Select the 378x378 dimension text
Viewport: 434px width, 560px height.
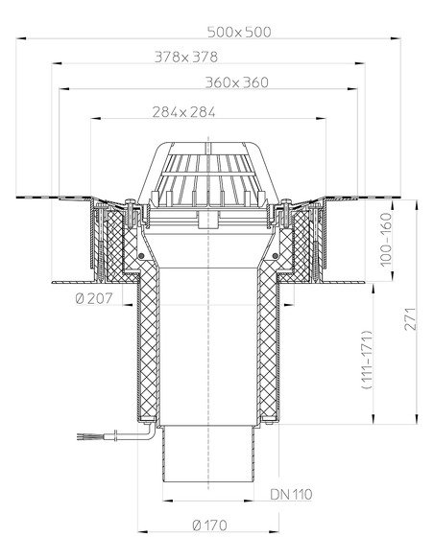pyautogui.click(x=186, y=57)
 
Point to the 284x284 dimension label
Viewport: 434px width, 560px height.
pyautogui.click(x=183, y=112)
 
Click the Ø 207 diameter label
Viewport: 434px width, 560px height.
pyautogui.click(x=93, y=299)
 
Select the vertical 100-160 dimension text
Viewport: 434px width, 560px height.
pyautogui.click(x=386, y=240)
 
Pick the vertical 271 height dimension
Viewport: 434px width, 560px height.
pyautogui.click(x=411, y=325)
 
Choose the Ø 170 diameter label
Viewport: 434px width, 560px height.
pyautogui.click(x=210, y=525)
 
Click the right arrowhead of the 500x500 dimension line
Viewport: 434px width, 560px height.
pyautogui.click(x=396, y=39)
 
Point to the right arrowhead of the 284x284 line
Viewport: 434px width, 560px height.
pyautogui.click(x=322, y=120)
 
